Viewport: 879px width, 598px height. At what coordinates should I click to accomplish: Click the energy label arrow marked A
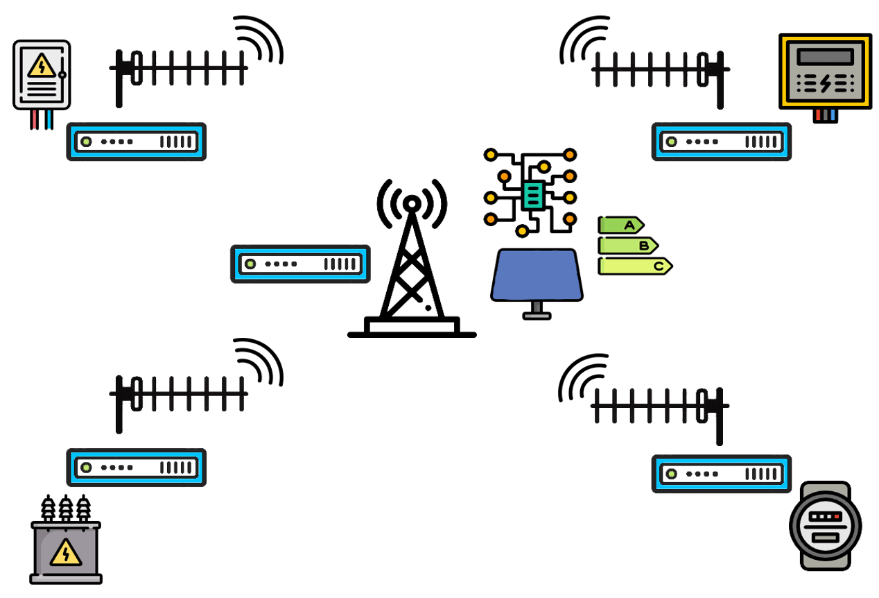[x=621, y=225]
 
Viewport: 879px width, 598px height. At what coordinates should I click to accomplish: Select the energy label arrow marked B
[x=628, y=245]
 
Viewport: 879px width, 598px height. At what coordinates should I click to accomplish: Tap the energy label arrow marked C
[x=635, y=266]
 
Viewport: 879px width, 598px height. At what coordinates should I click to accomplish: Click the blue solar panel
[x=536, y=275]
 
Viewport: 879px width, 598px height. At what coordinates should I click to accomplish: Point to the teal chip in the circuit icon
[x=532, y=195]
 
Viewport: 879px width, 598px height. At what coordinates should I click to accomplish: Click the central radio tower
[x=412, y=271]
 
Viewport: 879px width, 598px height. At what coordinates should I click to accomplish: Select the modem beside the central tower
[x=299, y=264]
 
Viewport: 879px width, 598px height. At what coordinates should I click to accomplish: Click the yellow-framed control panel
[x=824, y=71]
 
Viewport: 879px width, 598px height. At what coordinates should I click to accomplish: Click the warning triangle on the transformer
[x=66, y=553]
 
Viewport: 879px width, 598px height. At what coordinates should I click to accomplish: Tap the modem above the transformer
[x=137, y=467]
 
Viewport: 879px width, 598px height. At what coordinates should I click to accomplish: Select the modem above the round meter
[x=721, y=474]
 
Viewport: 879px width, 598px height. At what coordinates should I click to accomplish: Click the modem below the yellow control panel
[x=721, y=142]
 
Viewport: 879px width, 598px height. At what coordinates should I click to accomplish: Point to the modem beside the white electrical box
[x=137, y=142]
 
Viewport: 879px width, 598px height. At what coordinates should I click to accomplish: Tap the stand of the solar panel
[x=537, y=310]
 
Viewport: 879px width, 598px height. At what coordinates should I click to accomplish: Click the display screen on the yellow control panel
[x=824, y=56]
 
